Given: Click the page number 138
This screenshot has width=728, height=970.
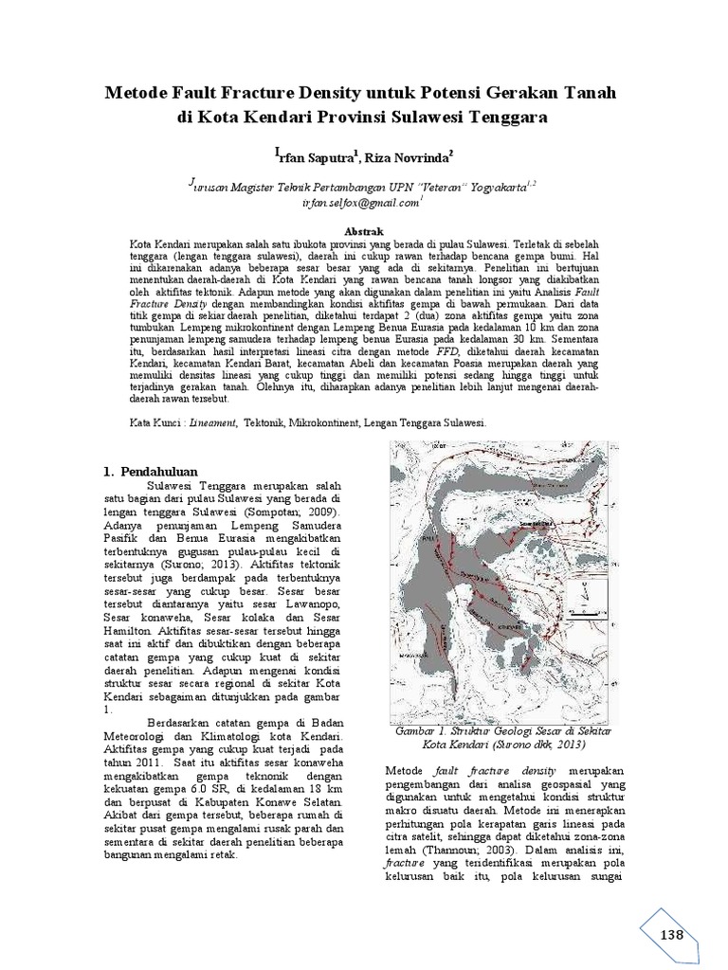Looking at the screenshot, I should pos(671,935).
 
